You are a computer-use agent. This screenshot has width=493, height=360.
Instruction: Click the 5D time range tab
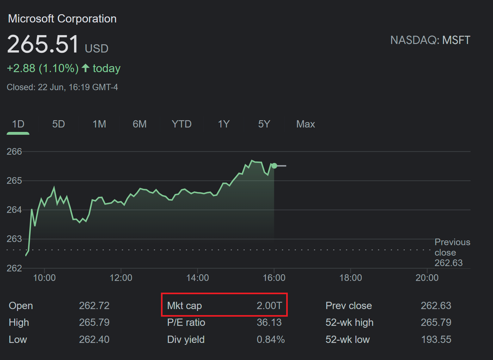(59, 124)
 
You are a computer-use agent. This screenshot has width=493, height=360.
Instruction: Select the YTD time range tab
(182, 124)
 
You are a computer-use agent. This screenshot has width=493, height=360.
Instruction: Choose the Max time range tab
(305, 124)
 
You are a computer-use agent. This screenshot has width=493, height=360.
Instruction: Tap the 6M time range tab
(139, 124)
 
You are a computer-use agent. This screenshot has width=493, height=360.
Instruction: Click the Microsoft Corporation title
(62, 19)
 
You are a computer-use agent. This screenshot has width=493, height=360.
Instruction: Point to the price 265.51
(43, 44)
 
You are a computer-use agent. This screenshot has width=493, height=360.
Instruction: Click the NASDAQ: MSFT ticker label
(430, 40)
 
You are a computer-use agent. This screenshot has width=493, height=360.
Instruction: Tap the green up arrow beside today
(85, 68)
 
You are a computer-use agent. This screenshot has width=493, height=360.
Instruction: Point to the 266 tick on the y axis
(14, 152)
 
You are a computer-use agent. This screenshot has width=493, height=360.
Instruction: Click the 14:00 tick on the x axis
(198, 278)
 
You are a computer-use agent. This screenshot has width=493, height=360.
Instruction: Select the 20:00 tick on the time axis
(427, 278)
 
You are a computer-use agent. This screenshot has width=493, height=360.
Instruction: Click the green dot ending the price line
(274, 166)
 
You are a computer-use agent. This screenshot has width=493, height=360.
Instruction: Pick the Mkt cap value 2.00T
(269, 306)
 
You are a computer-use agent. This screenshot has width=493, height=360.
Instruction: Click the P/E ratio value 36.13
(269, 322)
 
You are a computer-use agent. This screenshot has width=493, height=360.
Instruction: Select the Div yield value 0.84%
(271, 339)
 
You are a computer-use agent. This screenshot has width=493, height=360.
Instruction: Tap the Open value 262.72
(94, 306)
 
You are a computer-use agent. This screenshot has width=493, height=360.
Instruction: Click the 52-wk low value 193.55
(436, 339)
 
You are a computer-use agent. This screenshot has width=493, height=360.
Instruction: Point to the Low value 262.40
(94, 339)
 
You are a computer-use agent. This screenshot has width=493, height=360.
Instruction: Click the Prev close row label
(348, 306)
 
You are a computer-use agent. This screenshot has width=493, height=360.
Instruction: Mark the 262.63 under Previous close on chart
(448, 263)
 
